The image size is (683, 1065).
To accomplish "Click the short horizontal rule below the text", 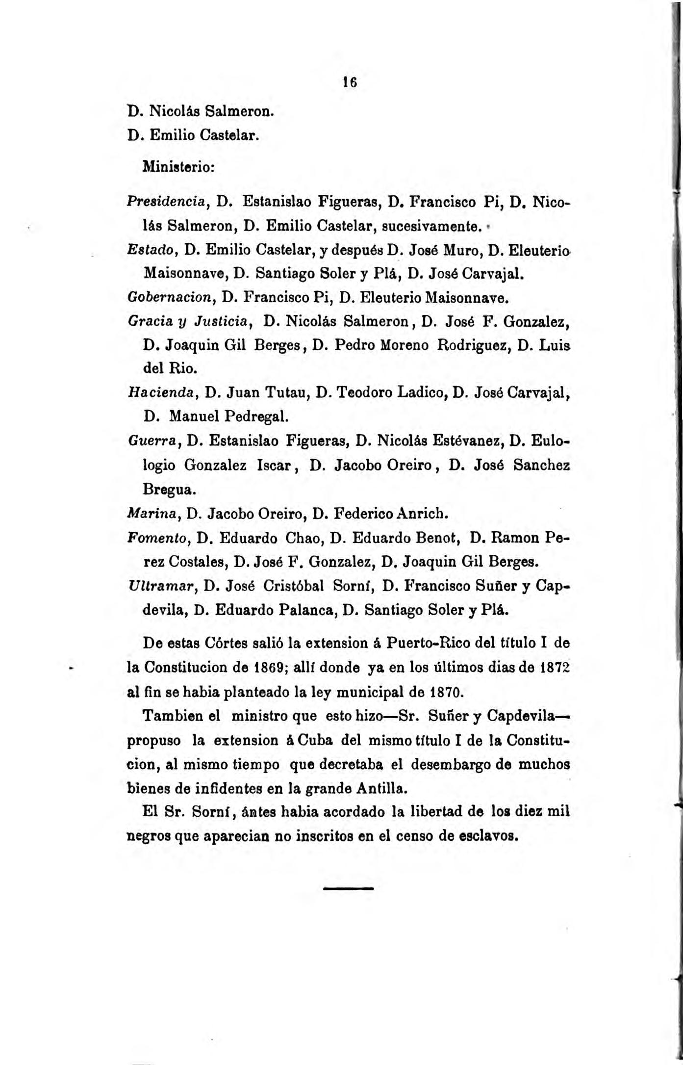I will [349, 888].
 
